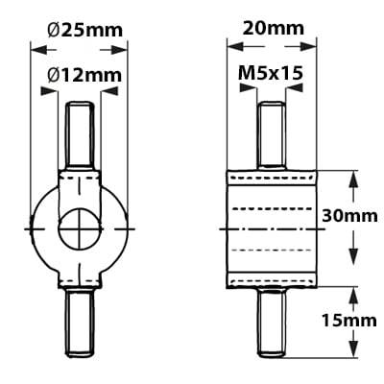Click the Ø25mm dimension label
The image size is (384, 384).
85,29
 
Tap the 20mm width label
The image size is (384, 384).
272,29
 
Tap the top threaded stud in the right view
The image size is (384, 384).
272,134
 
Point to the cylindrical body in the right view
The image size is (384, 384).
272,229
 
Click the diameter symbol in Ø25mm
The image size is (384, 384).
54,29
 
